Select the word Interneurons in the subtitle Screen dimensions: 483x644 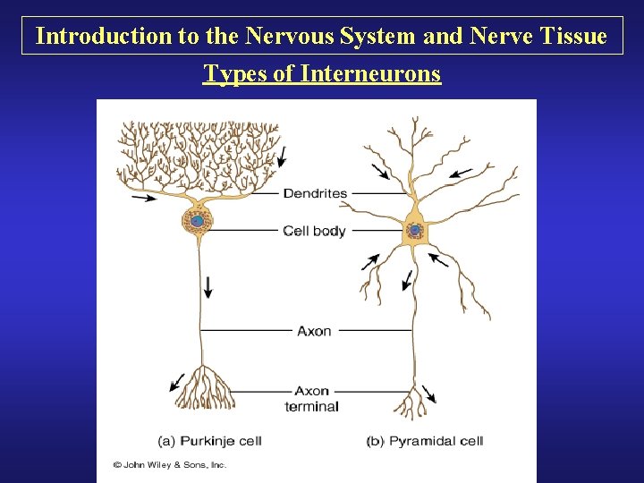(x=370, y=73)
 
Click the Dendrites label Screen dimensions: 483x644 (x=315, y=193)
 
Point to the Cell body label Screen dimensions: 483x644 (x=314, y=231)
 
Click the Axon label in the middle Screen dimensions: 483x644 (x=314, y=331)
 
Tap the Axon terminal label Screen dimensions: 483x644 (x=312, y=398)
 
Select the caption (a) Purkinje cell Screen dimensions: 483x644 (x=209, y=441)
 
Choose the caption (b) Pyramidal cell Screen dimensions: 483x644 (x=425, y=441)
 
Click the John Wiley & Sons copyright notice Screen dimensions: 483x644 (x=170, y=465)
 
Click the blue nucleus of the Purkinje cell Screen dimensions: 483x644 (x=196, y=219)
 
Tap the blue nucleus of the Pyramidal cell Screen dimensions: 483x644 (x=415, y=230)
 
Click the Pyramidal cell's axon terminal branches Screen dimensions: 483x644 (x=412, y=400)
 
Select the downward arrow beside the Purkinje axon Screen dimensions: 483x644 (x=208, y=286)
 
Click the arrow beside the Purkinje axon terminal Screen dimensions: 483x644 (x=177, y=383)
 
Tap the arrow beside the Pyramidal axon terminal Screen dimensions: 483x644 (x=429, y=394)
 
